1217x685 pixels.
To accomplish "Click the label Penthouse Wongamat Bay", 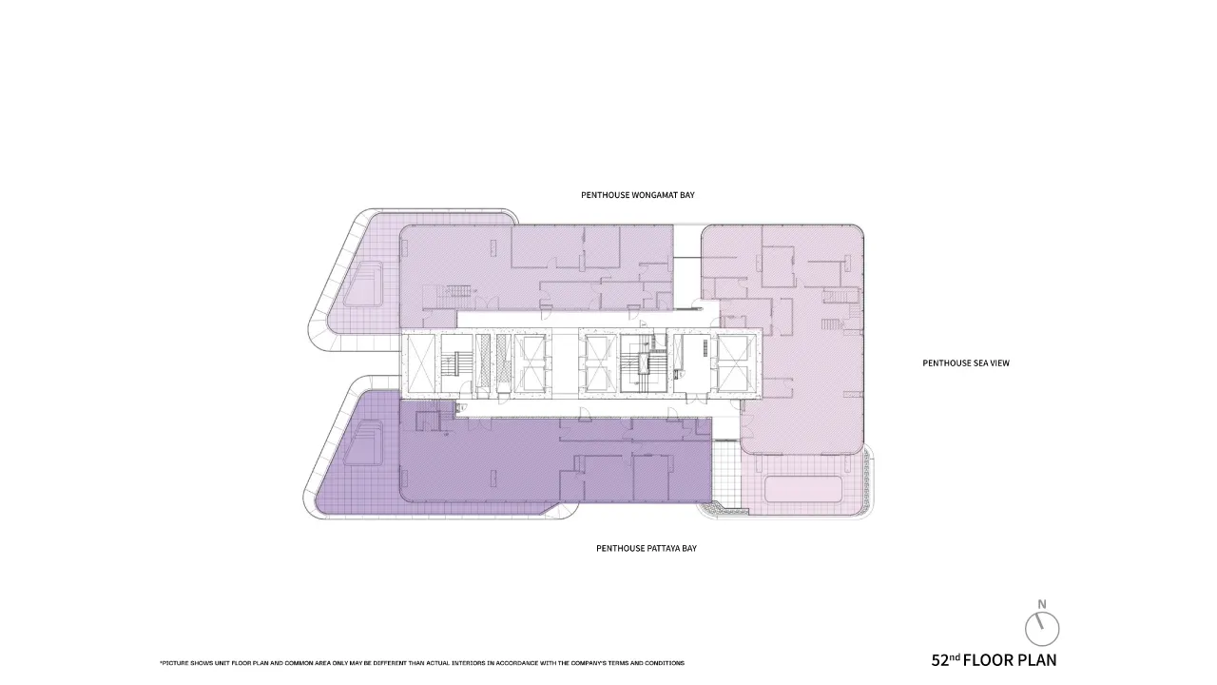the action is [638, 195].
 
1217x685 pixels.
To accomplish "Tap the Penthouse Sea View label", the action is [966, 363].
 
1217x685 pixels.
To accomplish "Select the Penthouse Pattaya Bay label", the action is [647, 549].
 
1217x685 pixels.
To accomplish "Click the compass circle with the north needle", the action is [1042, 629].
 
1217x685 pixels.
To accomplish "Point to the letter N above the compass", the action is [1042, 604].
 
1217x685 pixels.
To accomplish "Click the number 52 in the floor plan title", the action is [940, 661].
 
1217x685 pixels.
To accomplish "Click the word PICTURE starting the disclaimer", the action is [174, 663].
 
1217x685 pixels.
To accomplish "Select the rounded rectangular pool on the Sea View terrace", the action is [803, 489].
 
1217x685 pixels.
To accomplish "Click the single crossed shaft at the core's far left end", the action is [420, 363].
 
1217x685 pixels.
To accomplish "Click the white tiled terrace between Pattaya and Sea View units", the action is [727, 472].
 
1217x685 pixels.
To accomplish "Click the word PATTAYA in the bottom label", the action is [664, 549].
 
